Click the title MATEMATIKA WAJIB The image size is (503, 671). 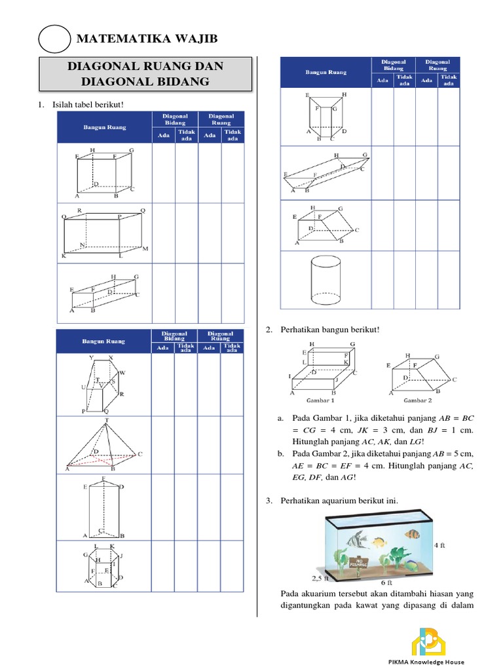[146, 40]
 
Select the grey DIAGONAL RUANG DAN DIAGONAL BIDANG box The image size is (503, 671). [145, 74]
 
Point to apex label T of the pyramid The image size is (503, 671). [107, 419]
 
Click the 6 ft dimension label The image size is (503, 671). [386, 581]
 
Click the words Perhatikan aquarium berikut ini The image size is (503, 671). [339, 501]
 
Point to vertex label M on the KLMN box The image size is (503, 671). [145, 249]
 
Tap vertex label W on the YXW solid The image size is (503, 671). [122, 372]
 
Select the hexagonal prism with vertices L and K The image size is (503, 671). [102, 565]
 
